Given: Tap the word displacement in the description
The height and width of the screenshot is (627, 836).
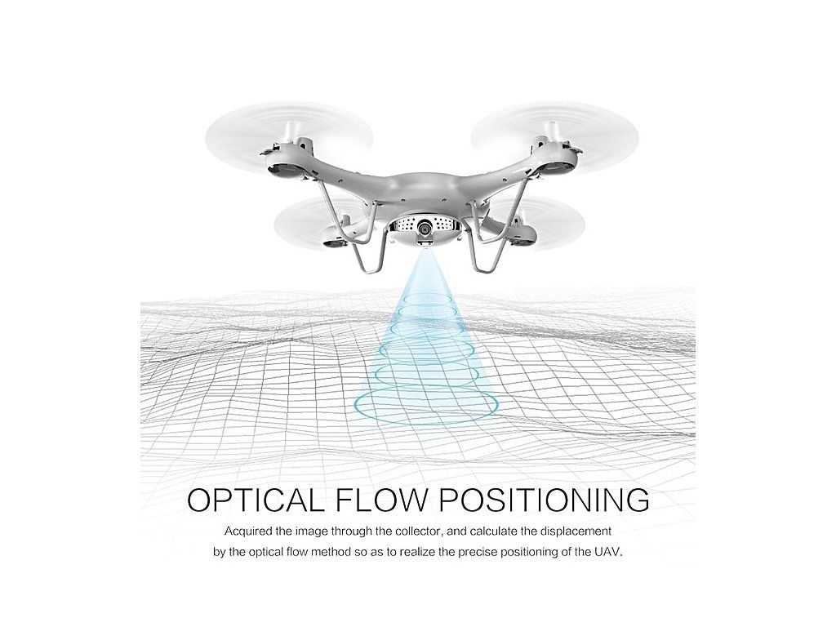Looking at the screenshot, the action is (x=572, y=531).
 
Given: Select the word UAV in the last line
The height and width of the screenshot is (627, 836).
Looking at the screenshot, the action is (x=607, y=552).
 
